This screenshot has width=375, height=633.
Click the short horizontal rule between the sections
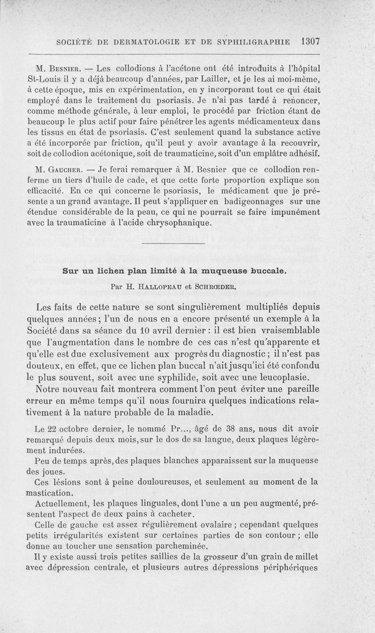pyautogui.click(x=173, y=245)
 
